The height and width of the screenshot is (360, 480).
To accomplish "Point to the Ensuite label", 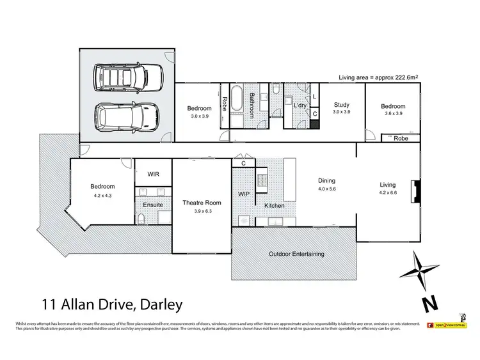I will click(153, 205).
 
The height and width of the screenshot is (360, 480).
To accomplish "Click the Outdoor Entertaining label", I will click(295, 254).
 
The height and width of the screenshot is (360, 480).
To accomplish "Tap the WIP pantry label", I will click(243, 193).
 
